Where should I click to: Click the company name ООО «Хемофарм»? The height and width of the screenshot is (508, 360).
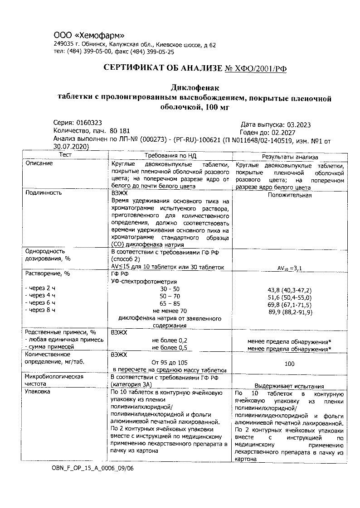coord(89,36)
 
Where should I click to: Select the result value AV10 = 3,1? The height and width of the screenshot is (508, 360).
coord(290,268)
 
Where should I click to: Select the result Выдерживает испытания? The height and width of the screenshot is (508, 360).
coord(289,386)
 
